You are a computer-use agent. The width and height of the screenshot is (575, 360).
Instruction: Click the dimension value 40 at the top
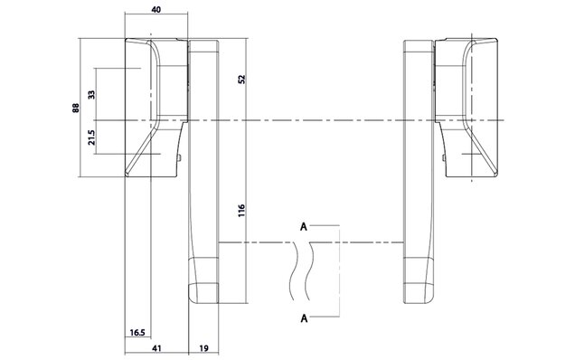[156, 9]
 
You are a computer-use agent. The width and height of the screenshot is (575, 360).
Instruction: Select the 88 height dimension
[76, 108]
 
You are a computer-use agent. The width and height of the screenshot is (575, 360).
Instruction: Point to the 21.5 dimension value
[91, 137]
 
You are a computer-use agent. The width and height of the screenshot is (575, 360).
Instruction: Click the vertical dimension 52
[241, 80]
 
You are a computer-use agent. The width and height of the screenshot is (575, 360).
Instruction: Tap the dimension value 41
[156, 348]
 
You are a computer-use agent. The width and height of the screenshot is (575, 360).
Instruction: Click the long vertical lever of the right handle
[418, 172]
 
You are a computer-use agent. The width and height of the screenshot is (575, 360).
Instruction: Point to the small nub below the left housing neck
[182, 158]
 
